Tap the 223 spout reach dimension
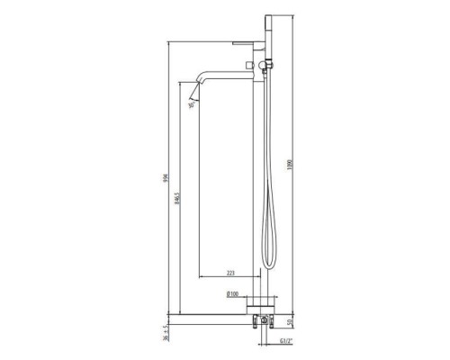230,272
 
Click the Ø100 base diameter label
231,294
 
